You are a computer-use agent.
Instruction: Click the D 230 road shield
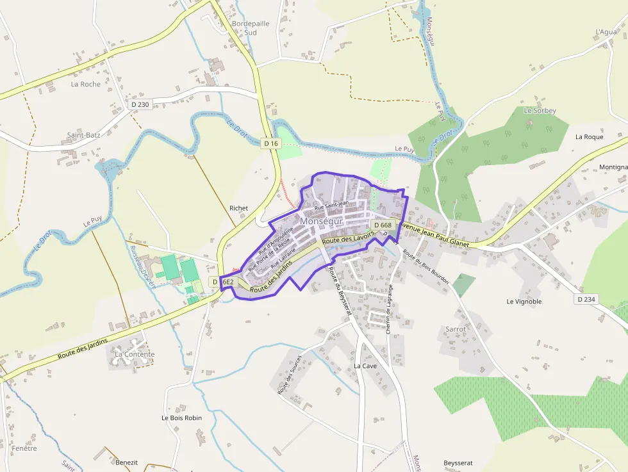click(x=139, y=104)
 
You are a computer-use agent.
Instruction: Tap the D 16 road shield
click(x=271, y=143)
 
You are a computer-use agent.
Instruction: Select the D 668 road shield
click(x=382, y=225)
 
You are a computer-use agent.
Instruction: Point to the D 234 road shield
click(x=586, y=299)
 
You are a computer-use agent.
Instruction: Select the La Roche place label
click(x=86, y=84)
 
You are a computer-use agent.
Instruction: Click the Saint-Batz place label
click(x=84, y=135)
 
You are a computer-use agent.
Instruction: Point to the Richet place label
click(x=238, y=208)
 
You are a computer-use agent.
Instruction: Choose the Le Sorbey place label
click(x=540, y=110)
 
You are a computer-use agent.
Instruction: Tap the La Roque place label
click(x=589, y=136)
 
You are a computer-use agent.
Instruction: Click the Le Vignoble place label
click(x=524, y=301)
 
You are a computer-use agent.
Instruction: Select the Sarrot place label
click(x=456, y=329)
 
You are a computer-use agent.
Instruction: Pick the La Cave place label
click(x=365, y=366)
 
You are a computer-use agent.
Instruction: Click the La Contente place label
click(x=135, y=354)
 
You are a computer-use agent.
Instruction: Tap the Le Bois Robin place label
click(x=181, y=418)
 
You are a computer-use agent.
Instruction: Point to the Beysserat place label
click(x=458, y=462)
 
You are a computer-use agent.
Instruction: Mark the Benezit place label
click(x=127, y=462)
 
